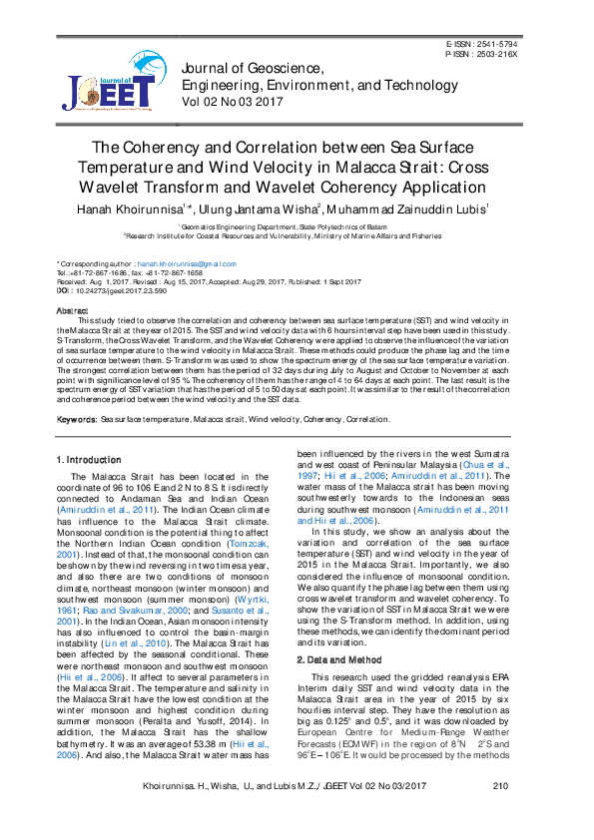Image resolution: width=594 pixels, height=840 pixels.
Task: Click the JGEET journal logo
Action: [107, 83]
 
